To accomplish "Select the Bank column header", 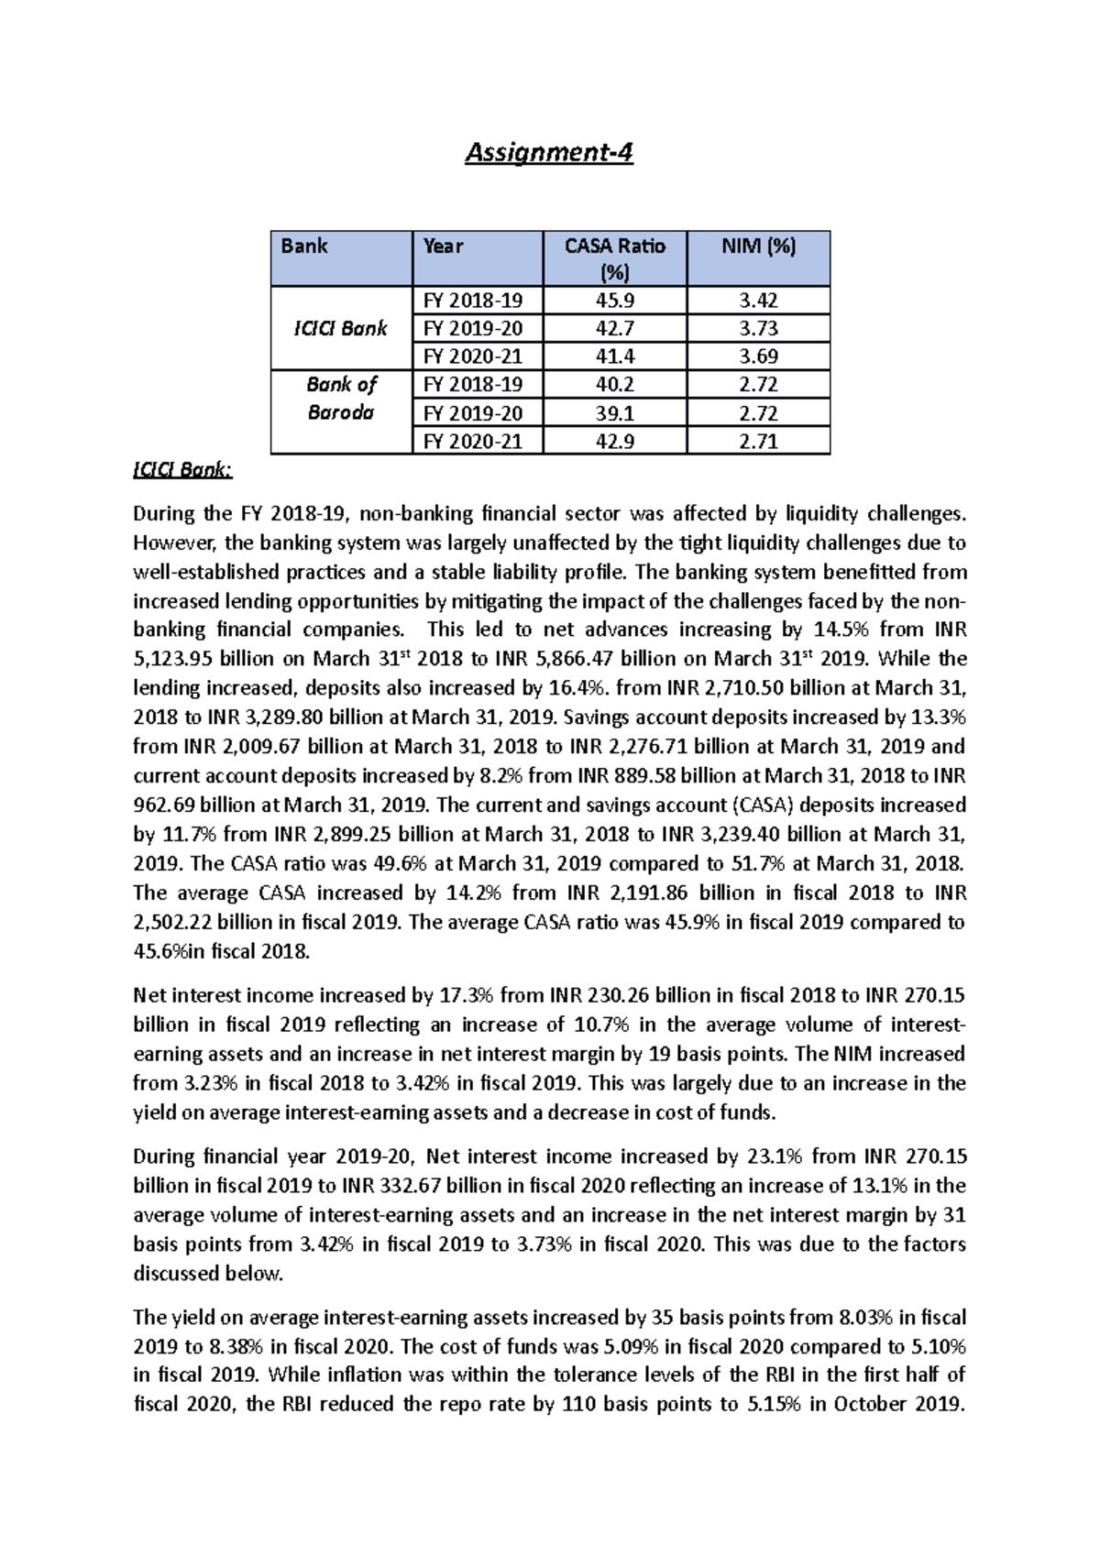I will coord(304,246).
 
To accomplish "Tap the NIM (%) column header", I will coord(758,246).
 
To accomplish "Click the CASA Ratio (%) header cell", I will coord(614,258).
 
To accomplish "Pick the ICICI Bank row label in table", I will coord(340,328).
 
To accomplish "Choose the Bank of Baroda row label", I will coord(340,398).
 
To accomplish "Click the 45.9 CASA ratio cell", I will coord(614,301).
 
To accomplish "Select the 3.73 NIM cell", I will coord(758,328).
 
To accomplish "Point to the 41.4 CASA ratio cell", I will coord(614,356).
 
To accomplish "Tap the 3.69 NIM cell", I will coord(758,356).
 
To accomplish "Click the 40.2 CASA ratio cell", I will coord(614,384).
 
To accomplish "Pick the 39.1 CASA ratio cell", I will coord(614,412).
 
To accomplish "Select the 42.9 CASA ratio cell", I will coord(614,441).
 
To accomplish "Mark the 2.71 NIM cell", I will coord(758,441).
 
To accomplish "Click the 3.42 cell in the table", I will coord(758,301).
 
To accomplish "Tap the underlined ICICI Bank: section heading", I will coord(182,470).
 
